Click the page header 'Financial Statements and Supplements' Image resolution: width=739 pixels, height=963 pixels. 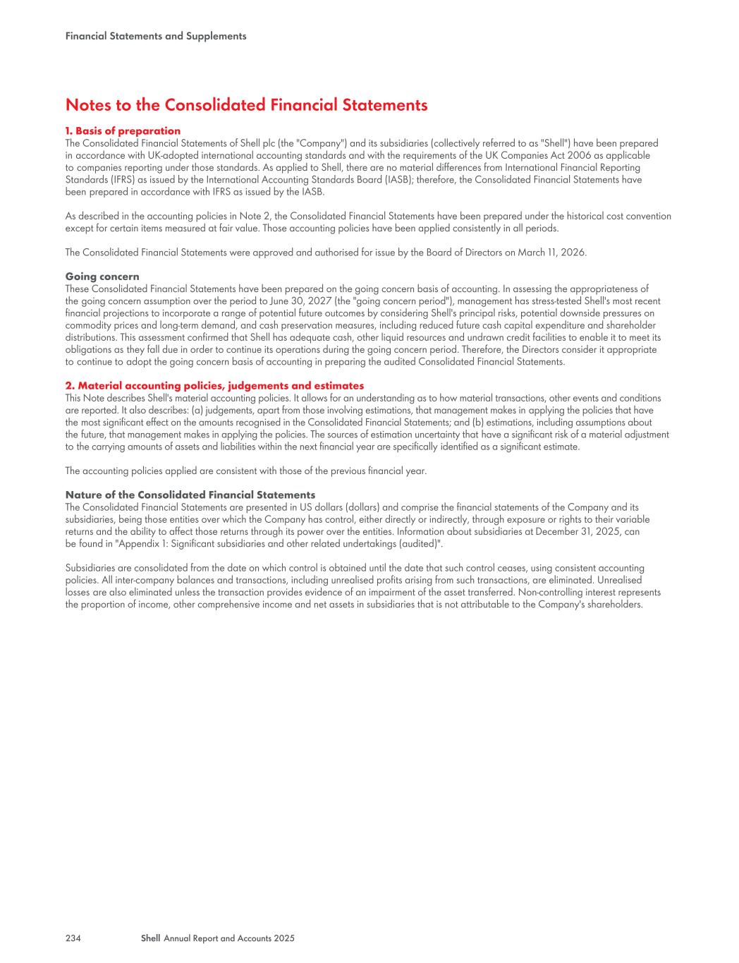[x=156, y=36]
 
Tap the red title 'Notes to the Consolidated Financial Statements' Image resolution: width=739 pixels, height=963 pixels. [x=246, y=105]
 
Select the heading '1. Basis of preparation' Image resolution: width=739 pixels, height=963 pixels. [x=123, y=131]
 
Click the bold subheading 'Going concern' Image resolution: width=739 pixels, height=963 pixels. [x=102, y=277]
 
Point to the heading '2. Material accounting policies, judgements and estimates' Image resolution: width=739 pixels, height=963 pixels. [x=214, y=385]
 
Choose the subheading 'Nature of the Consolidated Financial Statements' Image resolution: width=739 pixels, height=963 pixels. [x=190, y=495]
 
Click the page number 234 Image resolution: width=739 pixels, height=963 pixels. [x=73, y=938]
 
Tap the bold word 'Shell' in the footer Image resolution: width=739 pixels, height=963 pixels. [x=150, y=938]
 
